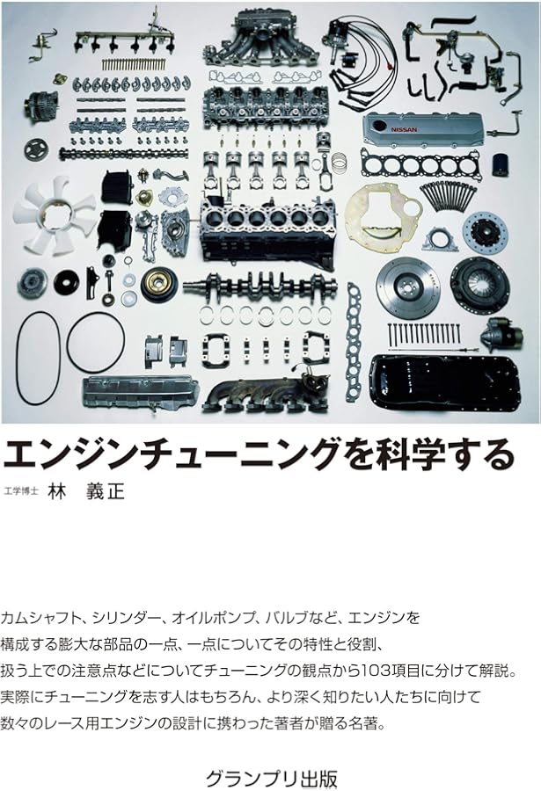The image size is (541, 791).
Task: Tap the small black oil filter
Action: [501, 164]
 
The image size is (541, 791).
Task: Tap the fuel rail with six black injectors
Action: [123, 39]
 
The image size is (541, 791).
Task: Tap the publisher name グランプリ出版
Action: [270, 778]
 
